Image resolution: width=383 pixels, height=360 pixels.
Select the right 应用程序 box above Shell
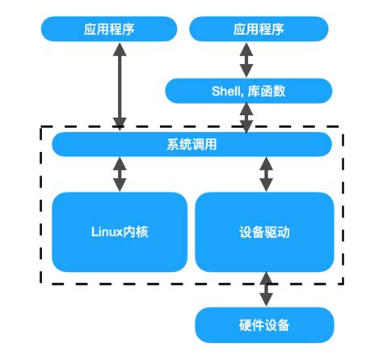pyautogui.click(x=259, y=31)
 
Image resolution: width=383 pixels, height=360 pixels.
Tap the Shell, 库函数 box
pyautogui.click(x=249, y=91)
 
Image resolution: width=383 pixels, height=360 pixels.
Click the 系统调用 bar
pyautogui.click(x=191, y=145)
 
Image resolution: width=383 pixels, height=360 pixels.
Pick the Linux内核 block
pyautogui.click(x=120, y=231)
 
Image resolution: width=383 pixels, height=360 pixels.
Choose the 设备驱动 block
pyautogui.click(x=264, y=231)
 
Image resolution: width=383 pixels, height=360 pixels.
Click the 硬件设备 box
pyautogui.click(x=264, y=325)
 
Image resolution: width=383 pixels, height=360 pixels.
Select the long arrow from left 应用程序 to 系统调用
pyautogui.click(x=120, y=87)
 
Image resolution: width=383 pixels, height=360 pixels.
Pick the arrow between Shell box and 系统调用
pyautogui.click(x=245, y=118)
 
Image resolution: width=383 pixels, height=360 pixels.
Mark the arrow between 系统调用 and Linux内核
pyautogui.click(x=120, y=174)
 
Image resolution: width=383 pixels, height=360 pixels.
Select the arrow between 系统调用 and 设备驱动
pyautogui.click(x=264, y=174)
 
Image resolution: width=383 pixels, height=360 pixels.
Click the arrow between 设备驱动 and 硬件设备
pyautogui.click(x=264, y=289)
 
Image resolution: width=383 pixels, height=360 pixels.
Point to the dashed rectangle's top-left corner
pyautogui.click(x=41, y=127)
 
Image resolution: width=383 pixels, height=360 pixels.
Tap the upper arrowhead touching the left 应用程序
pyautogui.click(x=120, y=49)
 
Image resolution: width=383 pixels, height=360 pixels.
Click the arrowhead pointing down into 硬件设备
pyautogui.click(x=264, y=303)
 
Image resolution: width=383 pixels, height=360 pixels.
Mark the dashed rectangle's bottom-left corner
pyautogui.click(x=41, y=283)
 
